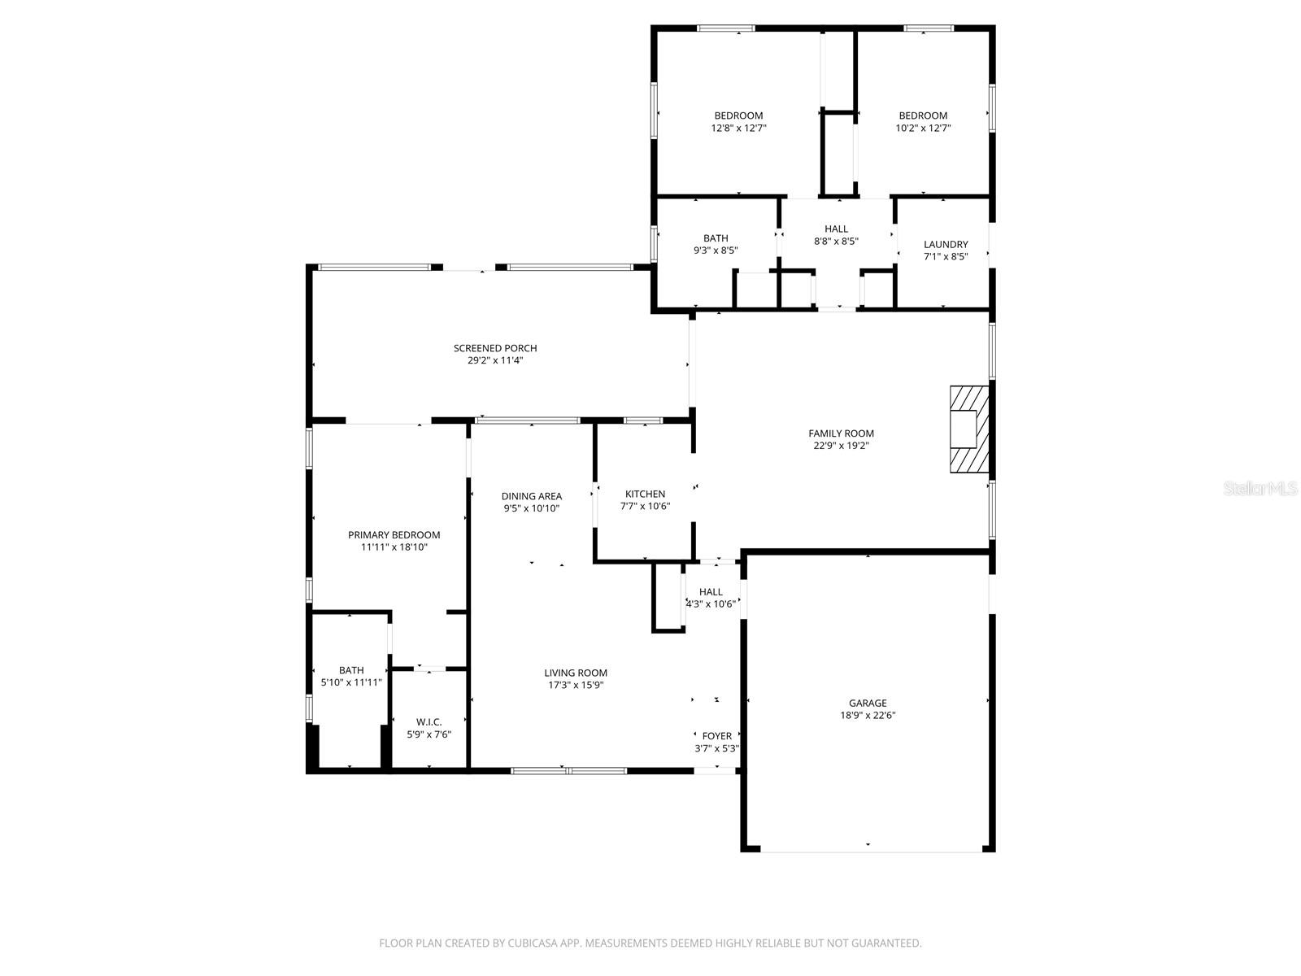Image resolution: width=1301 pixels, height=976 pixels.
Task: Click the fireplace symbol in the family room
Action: pyautogui.click(x=969, y=429)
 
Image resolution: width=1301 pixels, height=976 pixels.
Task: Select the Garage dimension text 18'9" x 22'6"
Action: pyautogui.click(x=868, y=716)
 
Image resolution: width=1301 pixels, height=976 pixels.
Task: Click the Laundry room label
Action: pyautogui.click(x=946, y=244)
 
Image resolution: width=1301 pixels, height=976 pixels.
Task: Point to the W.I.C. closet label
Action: pyautogui.click(x=429, y=722)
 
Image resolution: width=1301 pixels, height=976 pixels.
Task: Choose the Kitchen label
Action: pyautogui.click(x=645, y=494)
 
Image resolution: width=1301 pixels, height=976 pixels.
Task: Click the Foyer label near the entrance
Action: pyautogui.click(x=716, y=736)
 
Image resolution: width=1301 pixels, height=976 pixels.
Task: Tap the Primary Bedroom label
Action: pyautogui.click(x=394, y=534)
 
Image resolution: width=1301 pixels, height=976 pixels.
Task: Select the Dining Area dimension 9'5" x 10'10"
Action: pyautogui.click(x=531, y=508)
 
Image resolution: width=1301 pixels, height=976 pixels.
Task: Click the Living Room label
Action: pyautogui.click(x=576, y=673)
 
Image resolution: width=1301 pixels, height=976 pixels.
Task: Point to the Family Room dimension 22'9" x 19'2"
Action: pyautogui.click(x=841, y=446)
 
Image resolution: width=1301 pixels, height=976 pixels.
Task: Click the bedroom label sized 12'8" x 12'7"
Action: pyautogui.click(x=738, y=115)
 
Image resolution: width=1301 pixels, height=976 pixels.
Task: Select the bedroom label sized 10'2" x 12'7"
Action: pyautogui.click(x=923, y=115)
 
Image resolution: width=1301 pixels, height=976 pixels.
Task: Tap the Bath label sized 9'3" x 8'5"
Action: pyautogui.click(x=716, y=238)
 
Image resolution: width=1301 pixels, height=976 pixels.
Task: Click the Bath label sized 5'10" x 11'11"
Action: pyautogui.click(x=351, y=670)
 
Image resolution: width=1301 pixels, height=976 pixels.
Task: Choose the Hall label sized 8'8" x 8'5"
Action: pyautogui.click(x=836, y=229)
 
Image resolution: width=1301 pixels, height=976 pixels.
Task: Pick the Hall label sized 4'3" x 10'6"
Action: pyautogui.click(x=711, y=592)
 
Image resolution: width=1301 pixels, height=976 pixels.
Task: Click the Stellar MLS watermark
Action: pyautogui.click(x=1261, y=489)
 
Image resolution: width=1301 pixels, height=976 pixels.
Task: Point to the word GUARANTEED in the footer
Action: pyautogui.click(x=887, y=943)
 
